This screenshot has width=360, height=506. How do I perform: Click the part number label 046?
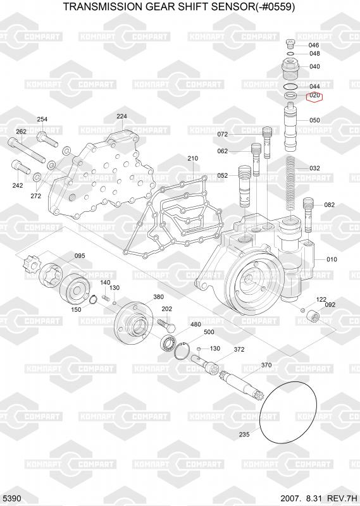(314, 45)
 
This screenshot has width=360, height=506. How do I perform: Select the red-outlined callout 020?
(314, 96)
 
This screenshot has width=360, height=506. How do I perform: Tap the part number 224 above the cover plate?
(121, 116)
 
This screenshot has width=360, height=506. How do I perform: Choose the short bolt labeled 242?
(22, 167)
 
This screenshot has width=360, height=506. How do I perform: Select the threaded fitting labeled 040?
(291, 70)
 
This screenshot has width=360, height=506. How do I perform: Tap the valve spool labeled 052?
(244, 187)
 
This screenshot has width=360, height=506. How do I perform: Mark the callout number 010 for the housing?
(332, 259)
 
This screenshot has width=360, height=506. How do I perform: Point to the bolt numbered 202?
(166, 324)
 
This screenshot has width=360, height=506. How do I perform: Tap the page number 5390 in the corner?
(12, 498)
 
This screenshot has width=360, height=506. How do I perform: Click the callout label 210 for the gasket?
(193, 159)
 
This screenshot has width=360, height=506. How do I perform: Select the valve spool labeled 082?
(309, 214)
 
